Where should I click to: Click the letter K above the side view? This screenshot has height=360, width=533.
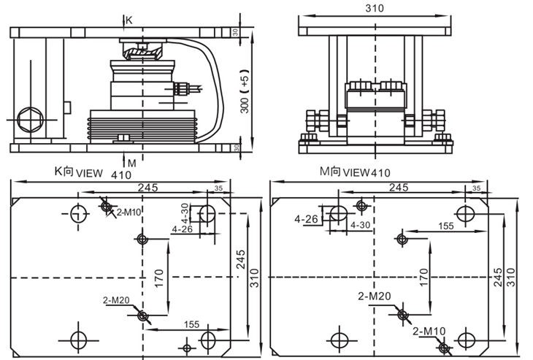(x=129, y=20)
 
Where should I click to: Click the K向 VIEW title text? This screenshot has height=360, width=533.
(x=76, y=173)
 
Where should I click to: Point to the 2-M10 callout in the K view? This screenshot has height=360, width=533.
(x=129, y=212)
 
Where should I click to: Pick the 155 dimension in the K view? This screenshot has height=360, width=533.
(x=191, y=324)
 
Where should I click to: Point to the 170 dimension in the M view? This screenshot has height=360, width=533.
(x=423, y=276)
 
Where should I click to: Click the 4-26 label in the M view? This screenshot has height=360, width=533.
(x=307, y=219)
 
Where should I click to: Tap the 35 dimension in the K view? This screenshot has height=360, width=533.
(x=218, y=189)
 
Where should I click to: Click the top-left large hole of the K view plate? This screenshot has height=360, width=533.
(x=78, y=213)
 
